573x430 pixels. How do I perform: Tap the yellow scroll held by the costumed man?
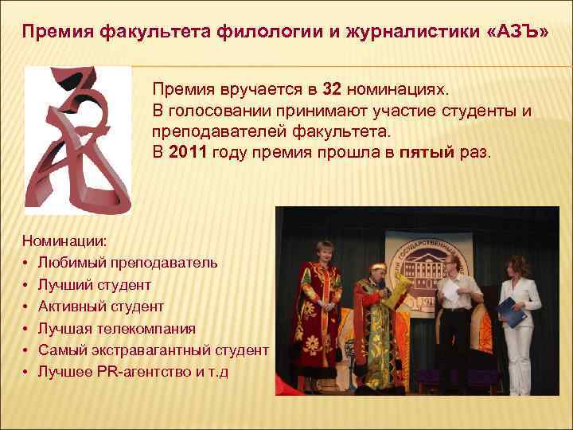click(x=403, y=291)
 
